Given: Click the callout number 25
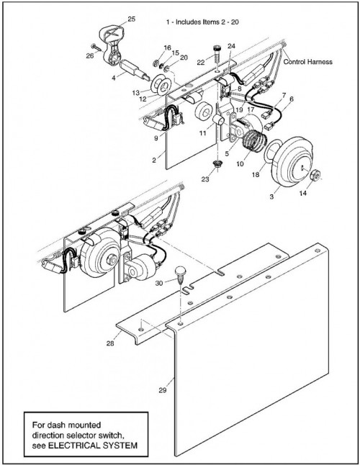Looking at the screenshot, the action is click(x=131, y=19).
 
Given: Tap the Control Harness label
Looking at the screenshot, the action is click(x=308, y=62).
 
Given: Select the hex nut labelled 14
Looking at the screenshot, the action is click(x=315, y=176).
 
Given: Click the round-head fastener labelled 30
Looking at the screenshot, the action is click(x=180, y=275).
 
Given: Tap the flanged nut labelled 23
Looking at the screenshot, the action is click(x=217, y=164).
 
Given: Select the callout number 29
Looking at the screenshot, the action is click(x=162, y=390).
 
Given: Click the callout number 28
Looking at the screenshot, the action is click(x=110, y=343).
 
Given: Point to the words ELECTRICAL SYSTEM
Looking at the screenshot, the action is click(x=93, y=445).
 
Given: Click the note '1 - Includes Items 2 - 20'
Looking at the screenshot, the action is click(x=202, y=22).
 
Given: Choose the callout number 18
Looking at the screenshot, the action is click(x=256, y=174).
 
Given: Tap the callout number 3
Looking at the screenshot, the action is click(x=271, y=197).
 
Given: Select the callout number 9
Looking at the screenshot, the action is click(x=156, y=138).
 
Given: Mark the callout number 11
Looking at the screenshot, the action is click(x=202, y=133).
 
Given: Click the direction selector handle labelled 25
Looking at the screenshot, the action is click(x=112, y=44).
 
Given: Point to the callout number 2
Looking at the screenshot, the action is click(x=154, y=160).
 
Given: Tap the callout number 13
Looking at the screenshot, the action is click(x=136, y=93).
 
